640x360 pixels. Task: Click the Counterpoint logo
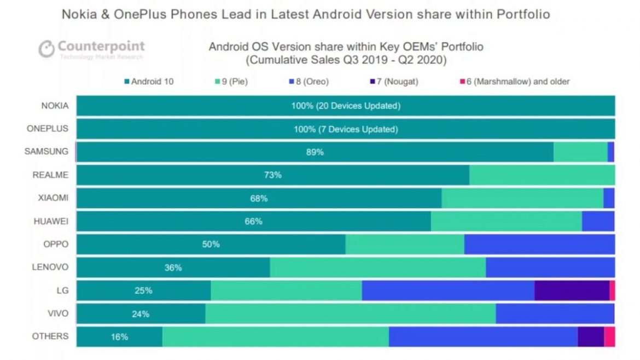91,49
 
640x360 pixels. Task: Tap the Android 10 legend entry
149,82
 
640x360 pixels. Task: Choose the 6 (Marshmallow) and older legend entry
514,82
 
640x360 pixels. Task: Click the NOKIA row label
55,106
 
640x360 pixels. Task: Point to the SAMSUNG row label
46,152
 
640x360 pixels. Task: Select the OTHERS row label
50,336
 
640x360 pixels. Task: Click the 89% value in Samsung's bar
315,152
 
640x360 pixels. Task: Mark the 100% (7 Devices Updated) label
345,129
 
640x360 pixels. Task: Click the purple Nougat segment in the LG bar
572,291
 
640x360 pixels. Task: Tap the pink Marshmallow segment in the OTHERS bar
609,336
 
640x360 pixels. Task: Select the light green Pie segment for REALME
542,175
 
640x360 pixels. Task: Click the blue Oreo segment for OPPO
539,244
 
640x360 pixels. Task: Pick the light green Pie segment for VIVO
350,313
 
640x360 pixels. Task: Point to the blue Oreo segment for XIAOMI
609,198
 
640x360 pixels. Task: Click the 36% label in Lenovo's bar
173,268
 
